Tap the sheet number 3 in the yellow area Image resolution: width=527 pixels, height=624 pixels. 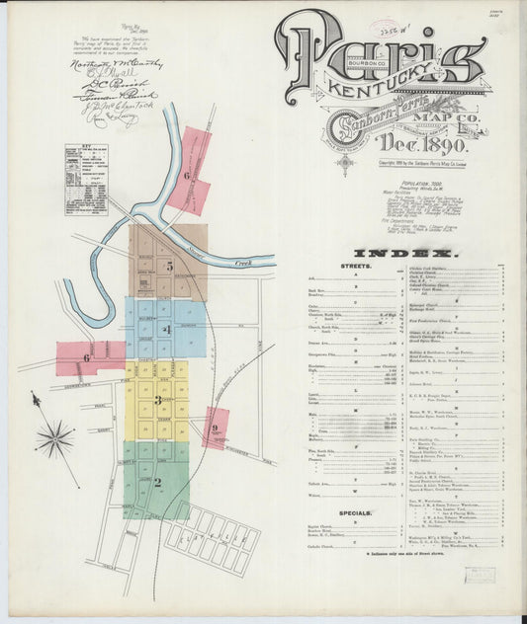pyautogui.click(x=157, y=400)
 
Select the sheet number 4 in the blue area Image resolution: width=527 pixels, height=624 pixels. pyautogui.click(x=168, y=329)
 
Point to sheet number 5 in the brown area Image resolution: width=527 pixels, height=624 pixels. pyautogui.click(x=169, y=266)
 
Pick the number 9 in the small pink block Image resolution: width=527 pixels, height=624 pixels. pyautogui.click(x=215, y=429)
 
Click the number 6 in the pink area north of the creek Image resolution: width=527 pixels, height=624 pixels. pyautogui.click(x=186, y=176)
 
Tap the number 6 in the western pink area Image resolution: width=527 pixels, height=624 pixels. pyautogui.click(x=87, y=357)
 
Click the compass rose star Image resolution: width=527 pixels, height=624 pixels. pyautogui.click(x=55, y=438)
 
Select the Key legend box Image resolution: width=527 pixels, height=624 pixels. pyautogui.click(x=86, y=179)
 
